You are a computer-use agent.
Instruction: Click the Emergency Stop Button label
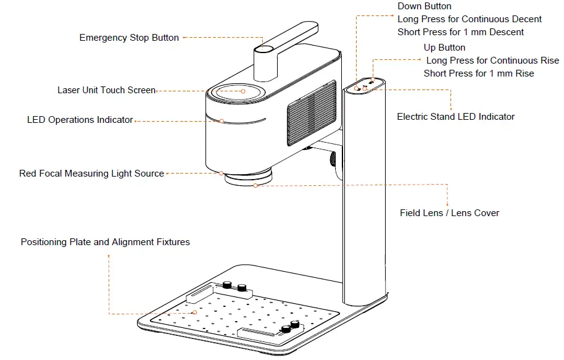[129, 38]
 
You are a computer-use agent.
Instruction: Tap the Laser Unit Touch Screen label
[106, 90]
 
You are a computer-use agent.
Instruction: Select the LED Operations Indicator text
[80, 120]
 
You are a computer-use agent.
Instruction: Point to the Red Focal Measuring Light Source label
[91, 174]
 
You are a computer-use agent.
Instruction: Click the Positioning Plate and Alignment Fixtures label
[105, 242]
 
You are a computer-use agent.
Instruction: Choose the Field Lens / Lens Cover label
[449, 213]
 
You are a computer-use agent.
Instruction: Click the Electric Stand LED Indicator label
[455, 116]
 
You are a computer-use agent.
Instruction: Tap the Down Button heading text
[425, 6]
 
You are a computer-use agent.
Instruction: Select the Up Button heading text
[444, 48]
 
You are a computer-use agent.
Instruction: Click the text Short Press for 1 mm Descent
[460, 32]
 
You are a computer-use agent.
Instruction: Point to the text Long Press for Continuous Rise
[492, 61]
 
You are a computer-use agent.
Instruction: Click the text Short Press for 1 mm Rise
[478, 73]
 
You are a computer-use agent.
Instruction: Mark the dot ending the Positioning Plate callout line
[195, 312]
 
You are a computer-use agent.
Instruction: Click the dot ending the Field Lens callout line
[255, 185]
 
